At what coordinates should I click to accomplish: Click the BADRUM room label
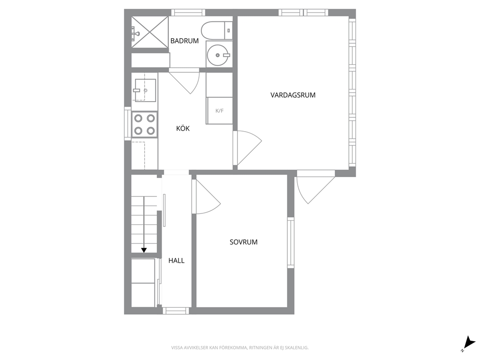click(184, 41)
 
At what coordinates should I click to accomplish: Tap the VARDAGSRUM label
click(293, 95)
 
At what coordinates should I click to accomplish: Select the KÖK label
click(183, 128)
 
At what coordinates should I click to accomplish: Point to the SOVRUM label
click(243, 242)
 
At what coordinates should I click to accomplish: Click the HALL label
click(176, 260)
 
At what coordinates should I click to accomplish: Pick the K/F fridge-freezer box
click(220, 110)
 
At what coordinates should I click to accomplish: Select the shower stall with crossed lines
click(150, 32)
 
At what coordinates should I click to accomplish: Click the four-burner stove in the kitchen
click(145, 124)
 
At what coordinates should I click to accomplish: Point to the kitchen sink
click(145, 90)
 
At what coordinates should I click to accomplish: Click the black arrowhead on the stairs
click(144, 250)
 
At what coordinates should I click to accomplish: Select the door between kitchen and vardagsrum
click(247, 148)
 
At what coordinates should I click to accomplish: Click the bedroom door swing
click(206, 197)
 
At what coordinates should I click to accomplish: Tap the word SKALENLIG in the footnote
click(297, 348)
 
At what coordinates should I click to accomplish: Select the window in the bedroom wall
click(290, 242)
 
